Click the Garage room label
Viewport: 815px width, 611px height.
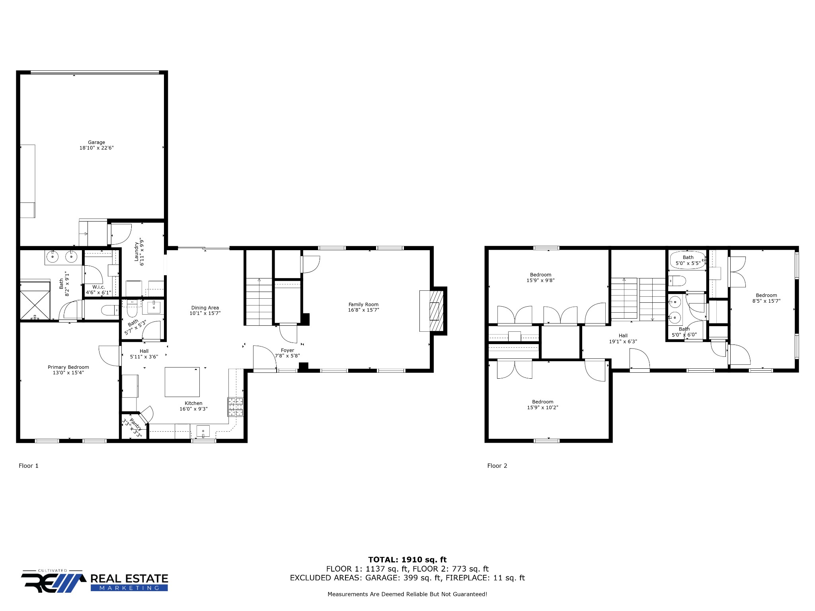click(x=97, y=142)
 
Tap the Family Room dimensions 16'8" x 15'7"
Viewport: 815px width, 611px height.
click(x=364, y=310)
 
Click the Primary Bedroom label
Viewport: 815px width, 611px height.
click(x=68, y=367)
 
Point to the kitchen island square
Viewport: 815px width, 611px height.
click(x=182, y=382)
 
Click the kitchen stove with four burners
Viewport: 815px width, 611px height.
click(x=235, y=407)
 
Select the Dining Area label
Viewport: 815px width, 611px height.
click(x=205, y=307)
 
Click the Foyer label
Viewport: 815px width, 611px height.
click(x=288, y=350)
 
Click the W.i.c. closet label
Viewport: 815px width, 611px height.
click(x=99, y=287)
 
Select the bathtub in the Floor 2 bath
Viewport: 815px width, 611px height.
click(x=688, y=260)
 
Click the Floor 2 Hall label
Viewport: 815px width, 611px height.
click(x=623, y=336)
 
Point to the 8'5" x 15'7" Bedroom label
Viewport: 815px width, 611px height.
click(x=766, y=295)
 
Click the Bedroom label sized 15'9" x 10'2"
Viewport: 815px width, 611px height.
click(x=543, y=402)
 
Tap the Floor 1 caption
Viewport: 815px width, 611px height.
click(x=29, y=465)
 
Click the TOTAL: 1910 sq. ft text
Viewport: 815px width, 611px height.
click(x=407, y=560)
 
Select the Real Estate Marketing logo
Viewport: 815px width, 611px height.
click(x=95, y=580)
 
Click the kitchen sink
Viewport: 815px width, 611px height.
click(x=203, y=431)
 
